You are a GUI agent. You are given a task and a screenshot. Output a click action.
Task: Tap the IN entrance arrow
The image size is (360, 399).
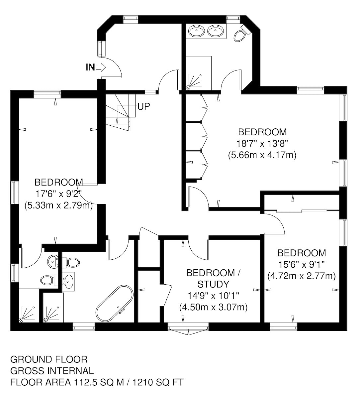tap(101, 67)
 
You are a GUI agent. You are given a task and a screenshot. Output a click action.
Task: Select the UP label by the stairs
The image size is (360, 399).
tap(144, 107)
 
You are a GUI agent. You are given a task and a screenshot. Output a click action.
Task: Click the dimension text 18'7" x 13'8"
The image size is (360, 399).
tap(262, 143)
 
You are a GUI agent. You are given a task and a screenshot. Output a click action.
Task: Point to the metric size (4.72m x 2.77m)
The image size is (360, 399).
tap(302, 276)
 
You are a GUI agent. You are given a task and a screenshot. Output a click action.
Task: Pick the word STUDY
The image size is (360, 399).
tap(214, 284)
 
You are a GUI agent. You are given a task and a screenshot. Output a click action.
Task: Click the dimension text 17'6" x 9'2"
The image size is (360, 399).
tap(58, 194)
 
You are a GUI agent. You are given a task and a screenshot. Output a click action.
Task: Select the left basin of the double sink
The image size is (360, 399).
tap(196, 31)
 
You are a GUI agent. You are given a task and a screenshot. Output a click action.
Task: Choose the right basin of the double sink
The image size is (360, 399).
tap(216, 31)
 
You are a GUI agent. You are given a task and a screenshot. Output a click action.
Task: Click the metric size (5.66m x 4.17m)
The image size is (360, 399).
tap(262, 155)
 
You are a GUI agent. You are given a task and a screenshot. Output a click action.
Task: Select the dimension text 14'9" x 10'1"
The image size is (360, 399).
tap(214, 296)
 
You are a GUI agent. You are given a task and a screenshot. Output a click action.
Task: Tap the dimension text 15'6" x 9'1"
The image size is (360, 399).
tap(302, 264)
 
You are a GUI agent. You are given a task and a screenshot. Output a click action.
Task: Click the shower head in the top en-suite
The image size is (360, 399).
tap(188, 87)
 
